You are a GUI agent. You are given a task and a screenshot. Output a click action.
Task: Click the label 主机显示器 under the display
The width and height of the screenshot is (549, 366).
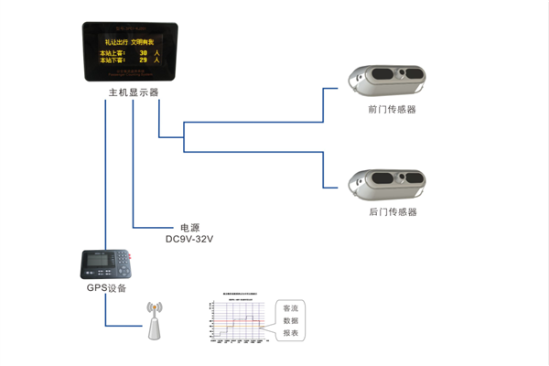134,92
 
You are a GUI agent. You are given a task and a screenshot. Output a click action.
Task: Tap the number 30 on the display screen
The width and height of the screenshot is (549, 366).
143,54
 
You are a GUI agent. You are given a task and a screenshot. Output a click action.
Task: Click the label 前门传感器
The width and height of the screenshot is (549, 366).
392,109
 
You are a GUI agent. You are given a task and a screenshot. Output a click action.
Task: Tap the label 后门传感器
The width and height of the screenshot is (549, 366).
392,211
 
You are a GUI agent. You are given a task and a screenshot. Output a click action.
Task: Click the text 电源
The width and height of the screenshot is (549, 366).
189,227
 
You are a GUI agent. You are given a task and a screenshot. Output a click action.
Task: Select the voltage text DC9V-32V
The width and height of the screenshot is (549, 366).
189,239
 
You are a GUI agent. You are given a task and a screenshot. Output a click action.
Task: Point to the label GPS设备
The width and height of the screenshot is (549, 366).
105,288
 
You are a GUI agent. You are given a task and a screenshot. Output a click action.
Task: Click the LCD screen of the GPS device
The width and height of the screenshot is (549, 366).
94,261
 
